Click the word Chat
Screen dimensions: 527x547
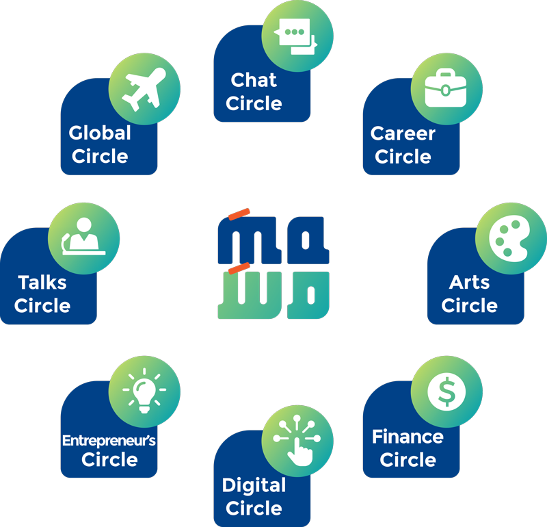click(254, 80)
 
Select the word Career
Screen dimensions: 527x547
click(403, 133)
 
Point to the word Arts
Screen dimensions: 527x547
click(469, 282)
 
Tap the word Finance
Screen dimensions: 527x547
click(408, 436)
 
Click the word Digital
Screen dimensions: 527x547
click(254, 485)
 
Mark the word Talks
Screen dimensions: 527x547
click(42, 282)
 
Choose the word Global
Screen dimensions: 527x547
click(100, 133)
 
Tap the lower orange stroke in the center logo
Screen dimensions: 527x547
click(239, 268)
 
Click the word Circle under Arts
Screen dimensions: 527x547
click(469, 305)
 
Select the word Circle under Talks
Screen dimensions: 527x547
click(42, 305)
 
